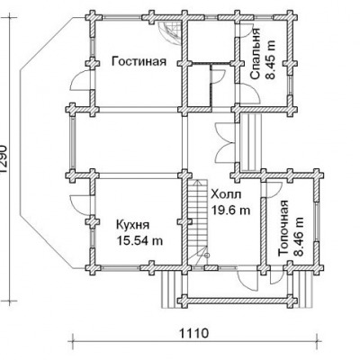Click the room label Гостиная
pyautogui.click(x=139, y=62)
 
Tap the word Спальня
pyautogui.click(x=255, y=54)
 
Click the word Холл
pyautogui.click(x=226, y=194)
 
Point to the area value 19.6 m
pyautogui.click(x=231, y=210)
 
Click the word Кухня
pyautogui.click(x=132, y=225)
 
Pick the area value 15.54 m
pyautogui.click(x=139, y=240)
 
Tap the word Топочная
pyautogui.click(x=283, y=229)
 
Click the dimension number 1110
pyautogui.click(x=193, y=334)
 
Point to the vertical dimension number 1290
pyautogui.click(x=3, y=159)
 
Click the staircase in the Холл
pyautogui.click(x=198, y=222)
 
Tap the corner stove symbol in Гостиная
pyautogui.click(x=170, y=32)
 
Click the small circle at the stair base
pyautogui.click(x=207, y=256)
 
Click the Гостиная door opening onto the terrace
pyautogui.click(x=80, y=80)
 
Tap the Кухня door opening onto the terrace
pyautogui.click(x=80, y=205)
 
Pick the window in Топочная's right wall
pyautogui.click(x=317, y=222)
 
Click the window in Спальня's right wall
pyautogui.click(x=291, y=85)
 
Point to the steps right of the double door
pyautogui.click(x=251, y=142)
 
